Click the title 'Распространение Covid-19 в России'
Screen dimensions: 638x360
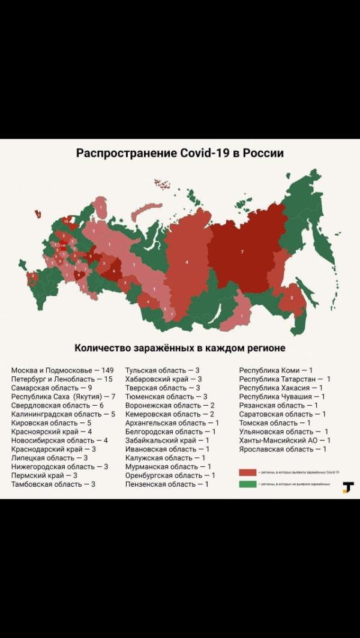(x=180, y=153)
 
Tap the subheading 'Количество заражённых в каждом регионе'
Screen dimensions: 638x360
(x=180, y=348)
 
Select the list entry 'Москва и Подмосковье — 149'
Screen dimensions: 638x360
(x=62, y=370)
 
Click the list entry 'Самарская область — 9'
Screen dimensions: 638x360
(x=52, y=388)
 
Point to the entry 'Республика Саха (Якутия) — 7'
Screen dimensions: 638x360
(x=63, y=397)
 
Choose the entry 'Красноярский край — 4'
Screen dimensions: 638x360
(x=52, y=432)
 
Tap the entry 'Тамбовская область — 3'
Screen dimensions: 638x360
(x=53, y=484)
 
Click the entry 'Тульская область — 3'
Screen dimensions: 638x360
(x=162, y=370)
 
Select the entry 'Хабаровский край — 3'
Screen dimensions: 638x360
(x=163, y=379)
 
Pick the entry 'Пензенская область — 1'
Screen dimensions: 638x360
(x=167, y=484)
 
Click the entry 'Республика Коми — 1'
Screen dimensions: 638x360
(x=276, y=370)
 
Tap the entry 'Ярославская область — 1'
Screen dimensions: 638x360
(x=283, y=449)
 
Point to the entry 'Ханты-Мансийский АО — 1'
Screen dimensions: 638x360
(x=284, y=440)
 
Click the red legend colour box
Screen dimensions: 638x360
(x=248, y=473)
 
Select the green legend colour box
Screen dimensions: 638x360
(x=248, y=484)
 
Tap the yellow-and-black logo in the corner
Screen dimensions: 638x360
(x=348, y=487)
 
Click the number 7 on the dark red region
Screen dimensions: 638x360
(x=242, y=251)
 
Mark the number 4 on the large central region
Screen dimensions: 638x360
(x=187, y=262)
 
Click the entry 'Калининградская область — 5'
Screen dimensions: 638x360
(x=63, y=414)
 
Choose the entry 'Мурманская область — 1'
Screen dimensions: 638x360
(x=168, y=466)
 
